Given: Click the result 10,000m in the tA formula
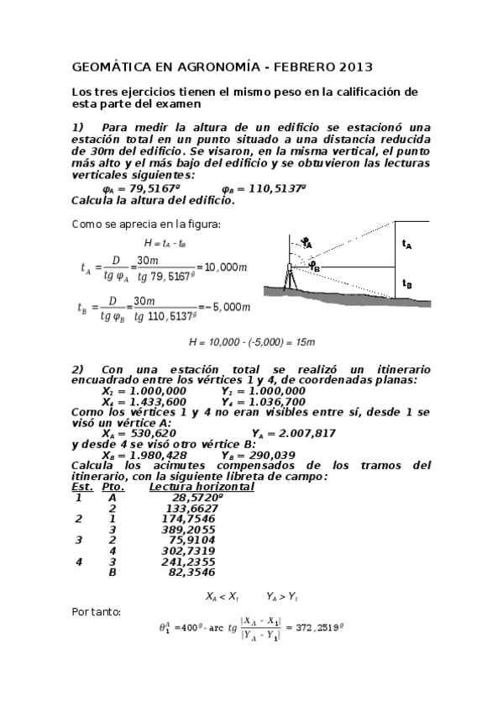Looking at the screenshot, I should (x=226, y=267).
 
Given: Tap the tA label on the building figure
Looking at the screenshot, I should (x=407, y=245).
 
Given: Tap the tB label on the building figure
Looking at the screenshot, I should (x=407, y=284).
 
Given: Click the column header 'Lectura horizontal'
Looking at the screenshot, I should (x=202, y=487).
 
